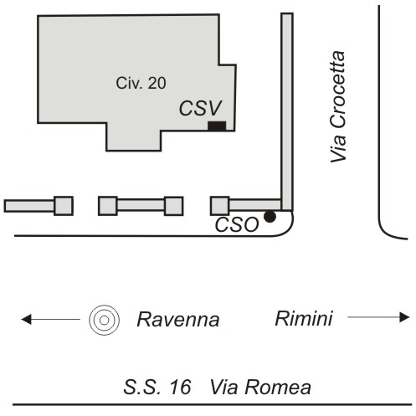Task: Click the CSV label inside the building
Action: [200, 108]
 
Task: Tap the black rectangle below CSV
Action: [217, 126]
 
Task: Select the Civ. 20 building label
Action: [141, 83]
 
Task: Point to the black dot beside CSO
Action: [270, 217]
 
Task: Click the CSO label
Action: [237, 224]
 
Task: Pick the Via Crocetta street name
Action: [338, 106]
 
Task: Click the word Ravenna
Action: [178, 320]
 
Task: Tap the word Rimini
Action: [304, 318]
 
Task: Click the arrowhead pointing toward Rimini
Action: [404, 317]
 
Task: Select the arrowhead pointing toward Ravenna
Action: [26, 319]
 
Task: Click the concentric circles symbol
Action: [105, 320]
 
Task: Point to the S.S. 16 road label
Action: [157, 387]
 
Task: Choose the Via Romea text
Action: [260, 387]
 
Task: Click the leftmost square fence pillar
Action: [64, 206]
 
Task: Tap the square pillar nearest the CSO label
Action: [220, 206]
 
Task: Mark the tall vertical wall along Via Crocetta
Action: [287, 111]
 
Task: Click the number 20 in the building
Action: [157, 83]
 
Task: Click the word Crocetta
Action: [338, 90]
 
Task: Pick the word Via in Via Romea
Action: [223, 387]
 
